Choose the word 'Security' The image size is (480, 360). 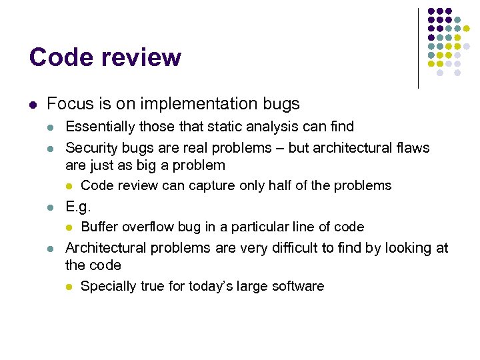[91, 148]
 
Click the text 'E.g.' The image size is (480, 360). [78, 206]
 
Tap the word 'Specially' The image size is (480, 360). [108, 287]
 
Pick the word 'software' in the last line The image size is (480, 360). [298, 287]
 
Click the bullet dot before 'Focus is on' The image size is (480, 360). [32, 105]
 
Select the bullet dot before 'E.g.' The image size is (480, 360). [51, 207]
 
